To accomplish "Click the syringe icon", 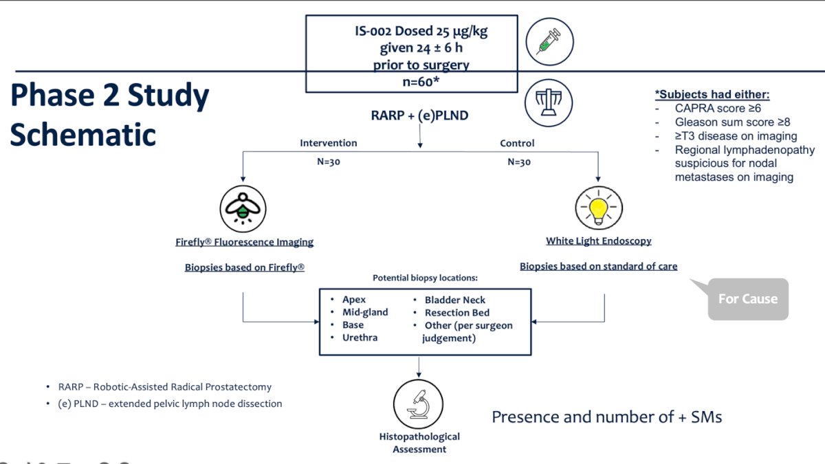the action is tap(549, 42).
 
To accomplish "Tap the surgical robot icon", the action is tap(549, 102).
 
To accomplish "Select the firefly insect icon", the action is tap(243, 209).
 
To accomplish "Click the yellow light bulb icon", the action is tap(599, 208).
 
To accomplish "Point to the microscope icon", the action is tap(419, 404).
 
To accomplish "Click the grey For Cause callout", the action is tap(748, 299).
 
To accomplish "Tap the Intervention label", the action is tap(329, 143).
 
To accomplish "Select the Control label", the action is tap(517, 143).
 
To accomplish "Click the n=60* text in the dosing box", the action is tap(421, 81).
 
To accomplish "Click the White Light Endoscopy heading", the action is tap(599, 241).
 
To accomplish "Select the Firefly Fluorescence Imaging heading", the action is tap(244, 242).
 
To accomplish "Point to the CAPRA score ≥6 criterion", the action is tap(718, 109).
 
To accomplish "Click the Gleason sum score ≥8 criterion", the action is tap(733, 122).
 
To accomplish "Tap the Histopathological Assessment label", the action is tap(419, 443).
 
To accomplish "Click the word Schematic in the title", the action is tap(83, 135).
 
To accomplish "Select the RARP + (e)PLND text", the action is tap(419, 115).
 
